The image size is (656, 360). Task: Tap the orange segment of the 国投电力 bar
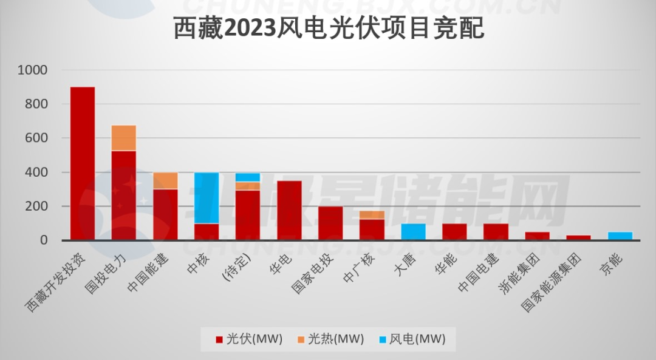[x=124, y=138]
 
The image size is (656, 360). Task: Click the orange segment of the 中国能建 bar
[x=165, y=180]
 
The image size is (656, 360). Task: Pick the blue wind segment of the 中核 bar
[x=207, y=198]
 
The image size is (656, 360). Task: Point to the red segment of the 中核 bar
[x=207, y=232]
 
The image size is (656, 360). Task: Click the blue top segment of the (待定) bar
[x=248, y=177]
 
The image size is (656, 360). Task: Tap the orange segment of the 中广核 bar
[x=372, y=215]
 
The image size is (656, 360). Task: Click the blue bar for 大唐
[x=413, y=232]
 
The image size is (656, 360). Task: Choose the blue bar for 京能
[x=620, y=236]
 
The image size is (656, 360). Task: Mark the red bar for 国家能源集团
[x=579, y=237]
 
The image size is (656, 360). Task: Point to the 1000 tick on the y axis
[x=33, y=70]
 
